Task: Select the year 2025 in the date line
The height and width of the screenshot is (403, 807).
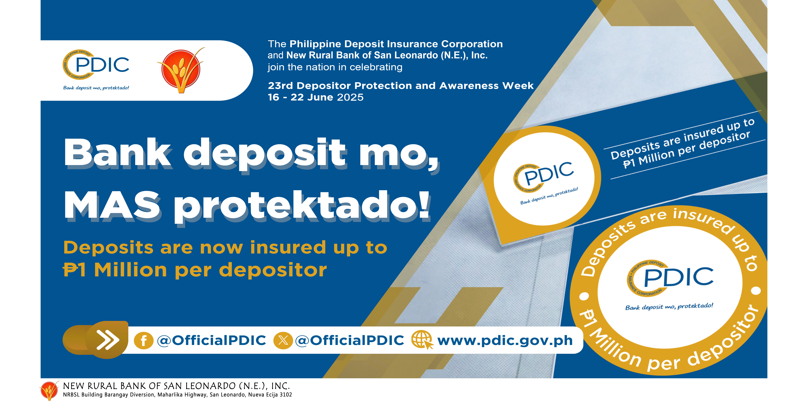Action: (350, 97)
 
